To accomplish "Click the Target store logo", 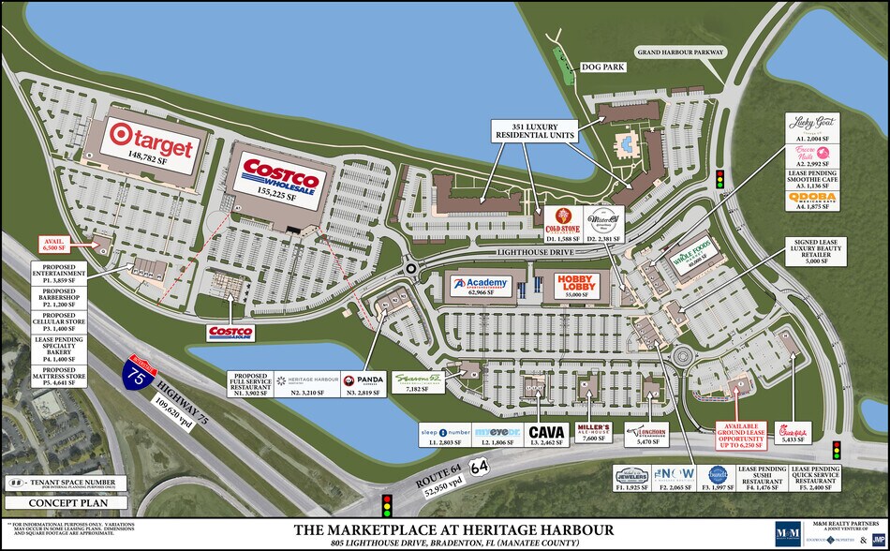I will [152, 141].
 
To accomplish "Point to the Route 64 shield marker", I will [479, 465].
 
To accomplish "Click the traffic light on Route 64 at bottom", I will [385, 505].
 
